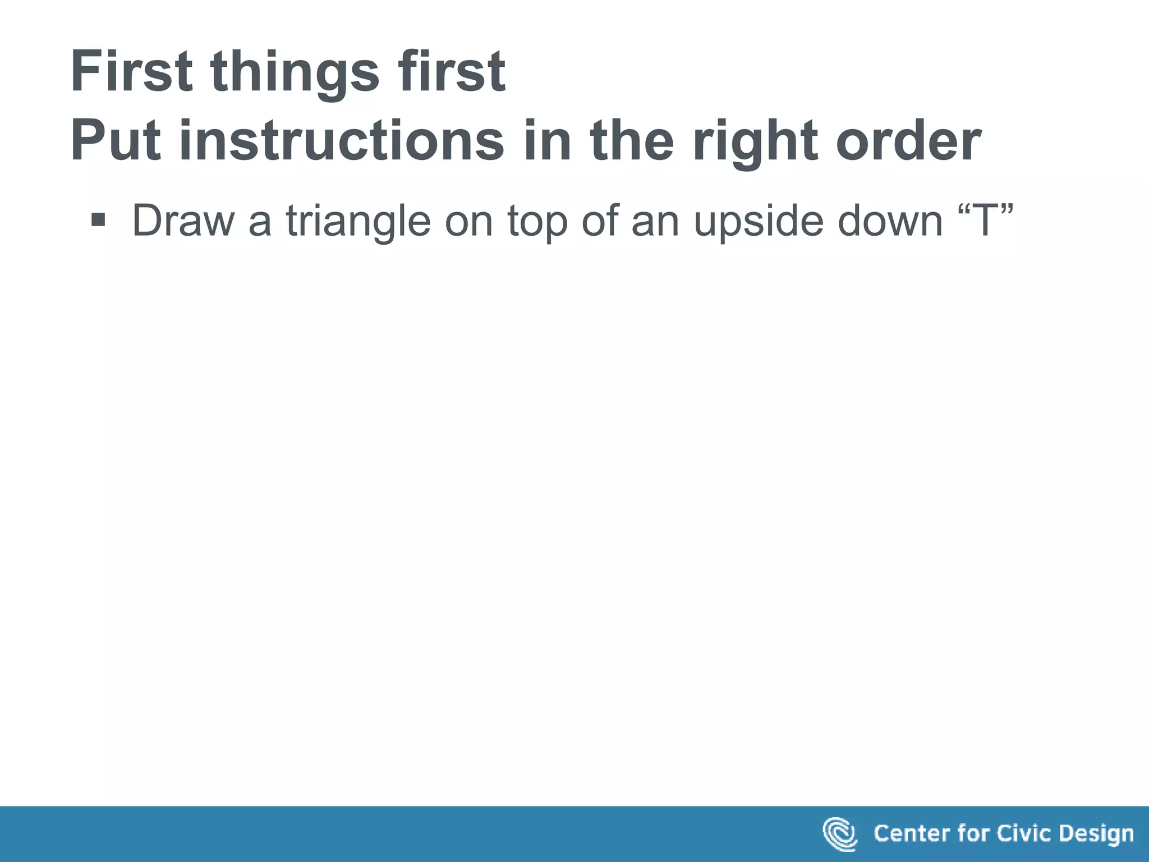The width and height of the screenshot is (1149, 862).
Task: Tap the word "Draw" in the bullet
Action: pos(183,221)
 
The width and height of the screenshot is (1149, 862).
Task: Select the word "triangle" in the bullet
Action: pos(359,221)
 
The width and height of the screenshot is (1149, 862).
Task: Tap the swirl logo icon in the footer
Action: pos(839,834)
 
